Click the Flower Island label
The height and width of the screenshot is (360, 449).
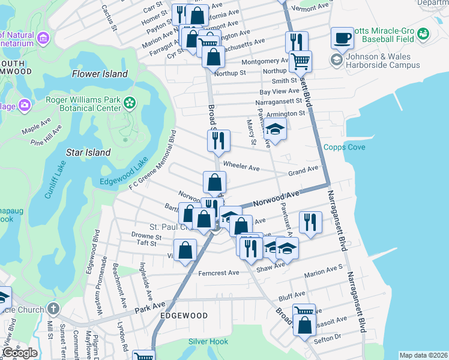coord(100,74)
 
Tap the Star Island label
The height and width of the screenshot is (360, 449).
coord(88,152)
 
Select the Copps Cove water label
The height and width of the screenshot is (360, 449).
coord(344,147)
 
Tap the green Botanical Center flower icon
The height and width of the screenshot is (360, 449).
coord(129,103)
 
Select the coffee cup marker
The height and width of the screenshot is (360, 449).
coord(342,38)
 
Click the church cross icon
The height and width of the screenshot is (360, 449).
coord(53,310)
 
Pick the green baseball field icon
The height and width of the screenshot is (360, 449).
coord(424,33)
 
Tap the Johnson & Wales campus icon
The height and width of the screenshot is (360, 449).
coord(336,60)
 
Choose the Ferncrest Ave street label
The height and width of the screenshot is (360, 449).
coord(218,272)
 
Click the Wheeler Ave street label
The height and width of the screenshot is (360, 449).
coord(240,164)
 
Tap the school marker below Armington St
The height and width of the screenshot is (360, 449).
coord(275,130)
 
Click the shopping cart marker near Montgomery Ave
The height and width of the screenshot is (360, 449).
coord(300,60)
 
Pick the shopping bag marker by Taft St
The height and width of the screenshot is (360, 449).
coord(185,249)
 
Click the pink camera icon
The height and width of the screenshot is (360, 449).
coord(25,105)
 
